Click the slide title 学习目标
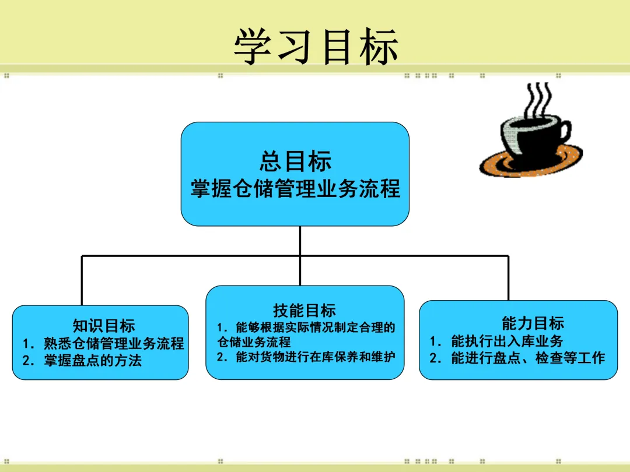click(x=316, y=47)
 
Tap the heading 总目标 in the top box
click(x=295, y=161)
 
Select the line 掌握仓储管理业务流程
click(x=295, y=189)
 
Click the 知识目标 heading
click(x=104, y=326)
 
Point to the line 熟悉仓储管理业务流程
click(x=114, y=343)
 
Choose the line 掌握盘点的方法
click(x=93, y=361)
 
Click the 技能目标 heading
click(x=304, y=311)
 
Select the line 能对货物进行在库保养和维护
click(x=311, y=357)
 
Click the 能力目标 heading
click(x=533, y=323)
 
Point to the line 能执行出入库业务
click(x=507, y=341)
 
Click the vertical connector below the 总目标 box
click(x=300, y=241)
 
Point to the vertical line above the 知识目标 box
click(x=82, y=280)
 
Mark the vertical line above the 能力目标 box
click(x=508, y=278)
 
